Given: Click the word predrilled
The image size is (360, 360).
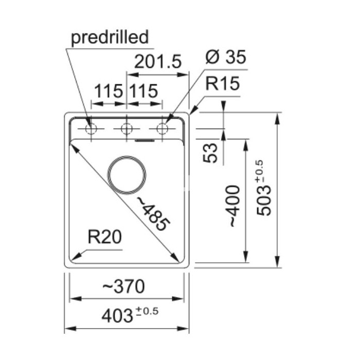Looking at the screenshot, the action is coord(110,38).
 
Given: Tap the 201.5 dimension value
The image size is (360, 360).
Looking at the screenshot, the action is coord(158,62).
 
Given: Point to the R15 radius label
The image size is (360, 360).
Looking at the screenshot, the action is coord(223,83).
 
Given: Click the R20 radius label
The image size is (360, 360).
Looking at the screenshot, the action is coord(105,237).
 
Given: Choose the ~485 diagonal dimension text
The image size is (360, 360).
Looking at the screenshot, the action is coord(154,213).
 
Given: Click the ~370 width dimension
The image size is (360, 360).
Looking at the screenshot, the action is coord(123,286).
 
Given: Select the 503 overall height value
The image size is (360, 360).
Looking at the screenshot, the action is coord(264,201).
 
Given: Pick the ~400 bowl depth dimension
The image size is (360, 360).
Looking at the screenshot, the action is coord(235,206).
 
